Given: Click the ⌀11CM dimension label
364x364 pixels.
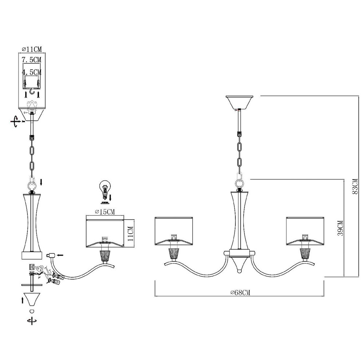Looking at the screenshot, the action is pyautogui.click(x=32, y=49).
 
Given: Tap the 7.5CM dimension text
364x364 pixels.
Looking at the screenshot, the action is pyautogui.click(x=32, y=60).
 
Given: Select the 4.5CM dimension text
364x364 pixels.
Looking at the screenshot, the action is pyautogui.click(x=32, y=72).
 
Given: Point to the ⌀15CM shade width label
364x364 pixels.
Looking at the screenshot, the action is pyautogui.click(x=105, y=212).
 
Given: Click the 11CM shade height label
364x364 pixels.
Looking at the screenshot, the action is pyautogui.click(x=131, y=234).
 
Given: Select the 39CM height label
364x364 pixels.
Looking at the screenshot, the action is pyautogui.click(x=340, y=228).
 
